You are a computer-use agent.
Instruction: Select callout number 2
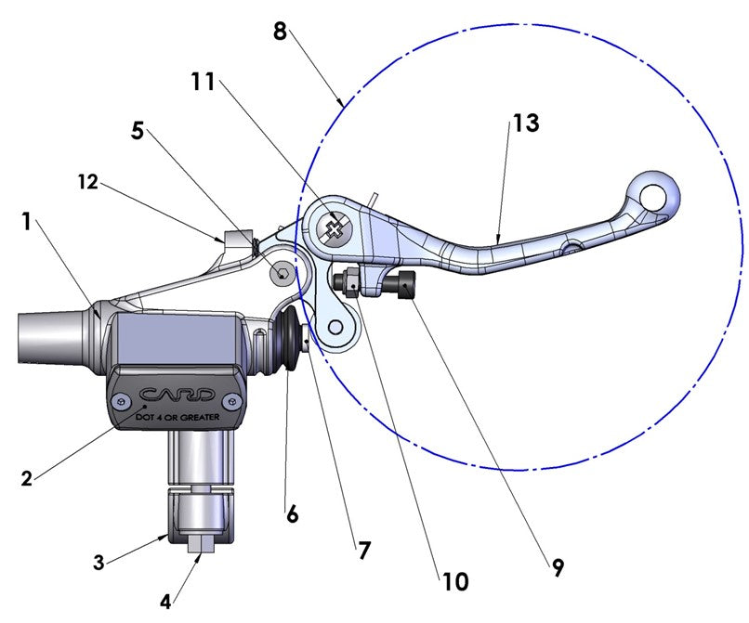pyautogui.click(x=28, y=479)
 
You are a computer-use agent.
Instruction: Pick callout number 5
pyautogui.click(x=138, y=131)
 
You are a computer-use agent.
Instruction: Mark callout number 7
pyautogui.click(x=363, y=551)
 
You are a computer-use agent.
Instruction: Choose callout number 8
pyautogui.click(x=280, y=31)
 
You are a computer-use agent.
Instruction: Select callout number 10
pyautogui.click(x=455, y=582)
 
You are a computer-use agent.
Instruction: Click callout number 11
pyautogui.click(x=204, y=83)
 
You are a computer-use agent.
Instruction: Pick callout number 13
pyautogui.click(x=525, y=123)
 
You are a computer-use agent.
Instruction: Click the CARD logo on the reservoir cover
pyautogui.click(x=178, y=394)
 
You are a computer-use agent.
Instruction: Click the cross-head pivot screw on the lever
pyautogui.click(x=332, y=227)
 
